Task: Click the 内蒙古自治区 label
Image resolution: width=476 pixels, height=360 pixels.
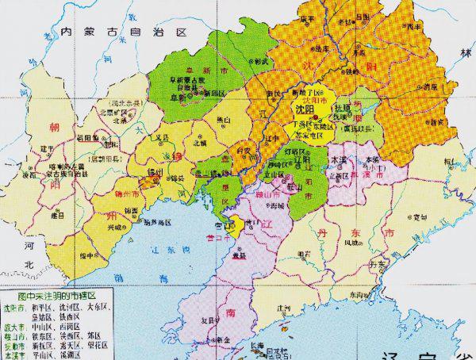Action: click(x=123, y=32)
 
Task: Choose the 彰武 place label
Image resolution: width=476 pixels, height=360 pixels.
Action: click(x=260, y=61)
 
